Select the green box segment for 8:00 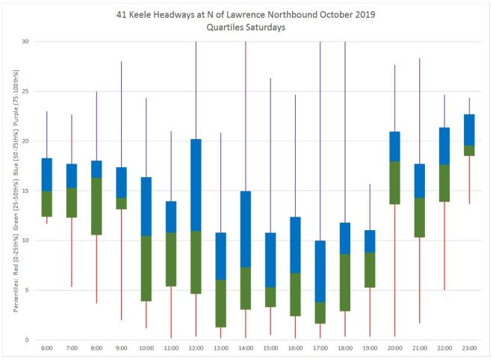[96, 206]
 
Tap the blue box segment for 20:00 [394, 146]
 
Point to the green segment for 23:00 [469, 151]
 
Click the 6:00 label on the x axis [46, 349]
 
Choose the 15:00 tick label [270, 349]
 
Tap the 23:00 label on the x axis [469, 349]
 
